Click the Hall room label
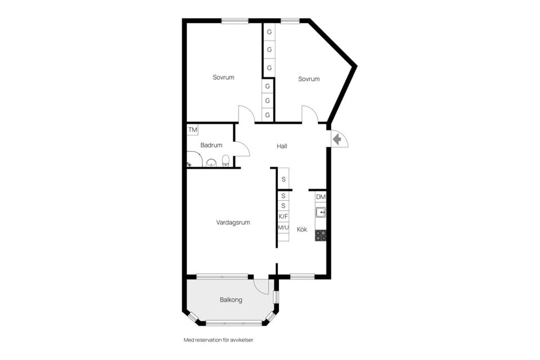pos(282,146)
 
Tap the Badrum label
pos(211,145)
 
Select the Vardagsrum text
pos(233,223)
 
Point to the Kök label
pos(301,229)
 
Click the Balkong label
pos(231,300)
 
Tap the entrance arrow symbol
pos(337,139)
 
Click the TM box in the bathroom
pos(192,130)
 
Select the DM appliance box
pos(321,197)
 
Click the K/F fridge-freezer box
pos(283,217)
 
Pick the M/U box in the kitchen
pos(283,227)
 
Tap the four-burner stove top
pos(321,236)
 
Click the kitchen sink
pos(321,212)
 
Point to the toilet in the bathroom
pos(226,160)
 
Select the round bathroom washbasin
pos(211,163)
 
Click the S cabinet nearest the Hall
pos(283,179)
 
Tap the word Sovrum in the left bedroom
pos(223,78)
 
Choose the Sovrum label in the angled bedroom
pos(309,79)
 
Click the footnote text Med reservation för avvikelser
pos(219,340)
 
